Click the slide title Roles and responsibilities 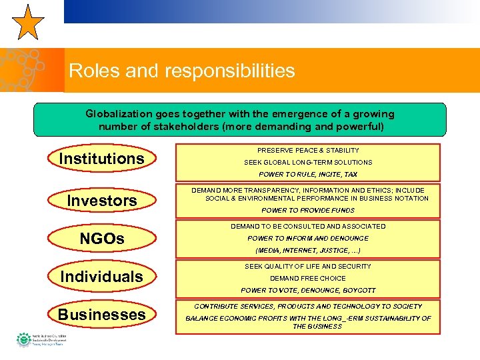click(x=181, y=71)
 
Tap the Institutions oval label click(x=101, y=159)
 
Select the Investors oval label click(x=102, y=200)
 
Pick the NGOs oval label click(x=102, y=238)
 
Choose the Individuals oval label click(x=101, y=276)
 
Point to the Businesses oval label click(x=101, y=315)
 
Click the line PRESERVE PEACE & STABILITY click(x=308, y=151)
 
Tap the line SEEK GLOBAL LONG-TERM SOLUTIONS click(x=308, y=163)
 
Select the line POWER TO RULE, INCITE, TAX click(x=308, y=175)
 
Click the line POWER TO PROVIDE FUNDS click(x=308, y=211)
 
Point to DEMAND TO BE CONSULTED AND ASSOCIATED click(x=308, y=227)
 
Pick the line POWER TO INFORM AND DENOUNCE click(x=308, y=239)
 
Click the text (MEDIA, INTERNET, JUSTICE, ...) click(x=308, y=251)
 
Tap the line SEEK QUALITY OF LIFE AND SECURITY click(x=308, y=267)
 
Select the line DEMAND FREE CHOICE click(x=308, y=279)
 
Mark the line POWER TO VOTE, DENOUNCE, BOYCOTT click(x=308, y=291)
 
